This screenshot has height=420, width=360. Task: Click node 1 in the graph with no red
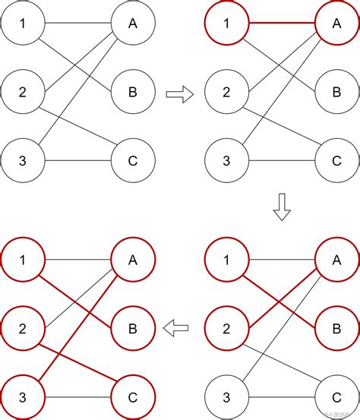tap(23, 23)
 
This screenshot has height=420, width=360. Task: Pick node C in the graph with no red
tap(133, 161)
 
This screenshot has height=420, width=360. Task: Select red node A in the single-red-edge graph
tap(336, 23)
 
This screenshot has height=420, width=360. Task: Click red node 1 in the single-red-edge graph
tap(226, 23)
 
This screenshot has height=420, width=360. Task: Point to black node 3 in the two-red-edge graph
tap(226, 396)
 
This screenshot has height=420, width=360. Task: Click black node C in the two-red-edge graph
tap(336, 396)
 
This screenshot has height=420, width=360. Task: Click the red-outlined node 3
tap(23, 396)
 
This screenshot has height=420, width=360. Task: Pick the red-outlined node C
tap(133, 396)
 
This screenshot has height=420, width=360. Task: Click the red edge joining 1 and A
tap(281, 23)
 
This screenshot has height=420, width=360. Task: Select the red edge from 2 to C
tap(77, 362)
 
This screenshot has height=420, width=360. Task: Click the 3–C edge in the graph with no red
tap(77, 161)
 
